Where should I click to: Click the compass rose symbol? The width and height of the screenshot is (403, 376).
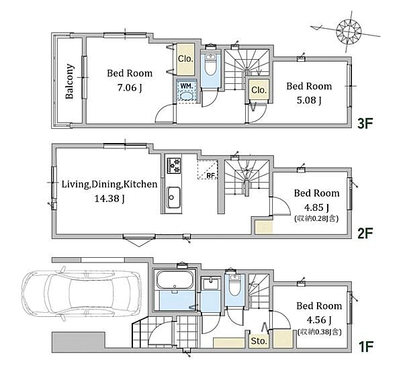click(349, 32)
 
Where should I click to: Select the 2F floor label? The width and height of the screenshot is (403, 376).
click(365, 234)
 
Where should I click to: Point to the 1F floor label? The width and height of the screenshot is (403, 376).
click(366, 346)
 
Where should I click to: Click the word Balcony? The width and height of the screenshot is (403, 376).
click(70, 81)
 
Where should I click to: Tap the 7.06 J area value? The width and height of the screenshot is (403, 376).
click(130, 88)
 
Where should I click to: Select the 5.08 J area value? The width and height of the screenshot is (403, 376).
click(309, 100)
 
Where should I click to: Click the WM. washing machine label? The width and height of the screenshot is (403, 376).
click(187, 86)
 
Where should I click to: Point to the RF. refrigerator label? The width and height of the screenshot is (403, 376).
click(211, 175)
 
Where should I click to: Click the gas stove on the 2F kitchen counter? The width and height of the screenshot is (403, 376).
click(174, 166)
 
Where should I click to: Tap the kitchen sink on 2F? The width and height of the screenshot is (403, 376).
click(173, 197)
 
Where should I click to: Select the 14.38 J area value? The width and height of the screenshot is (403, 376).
click(109, 199)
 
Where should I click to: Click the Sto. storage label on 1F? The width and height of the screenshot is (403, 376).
click(259, 341)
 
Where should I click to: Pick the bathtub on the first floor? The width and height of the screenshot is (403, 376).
click(175, 280)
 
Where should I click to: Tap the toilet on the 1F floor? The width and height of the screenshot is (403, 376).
click(234, 285)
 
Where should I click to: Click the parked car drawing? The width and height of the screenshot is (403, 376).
click(82, 294)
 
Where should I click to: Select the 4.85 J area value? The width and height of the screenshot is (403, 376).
click(316, 207)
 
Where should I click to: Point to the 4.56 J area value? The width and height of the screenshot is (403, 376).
click(319, 320)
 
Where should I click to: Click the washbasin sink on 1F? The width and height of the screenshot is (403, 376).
click(210, 284)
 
